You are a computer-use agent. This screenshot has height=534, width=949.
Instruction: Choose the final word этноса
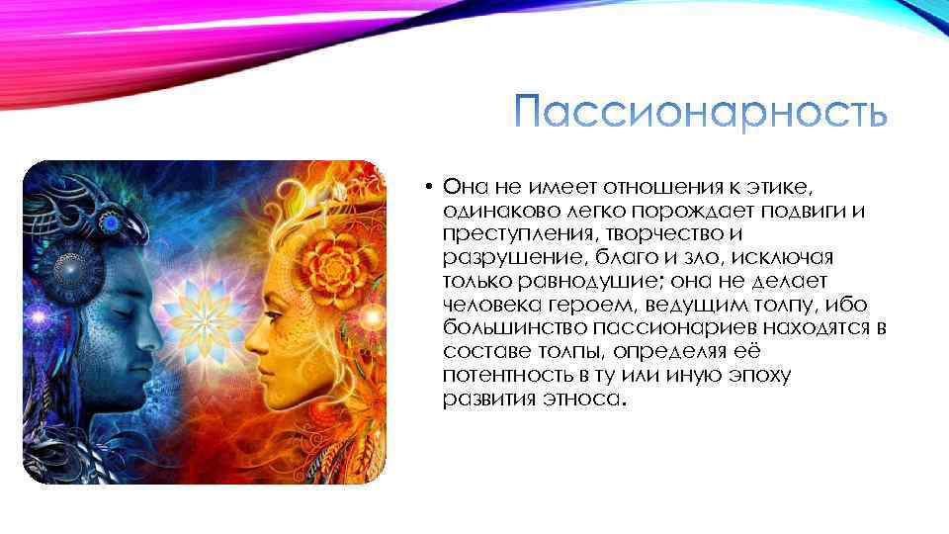tap(583, 400)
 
